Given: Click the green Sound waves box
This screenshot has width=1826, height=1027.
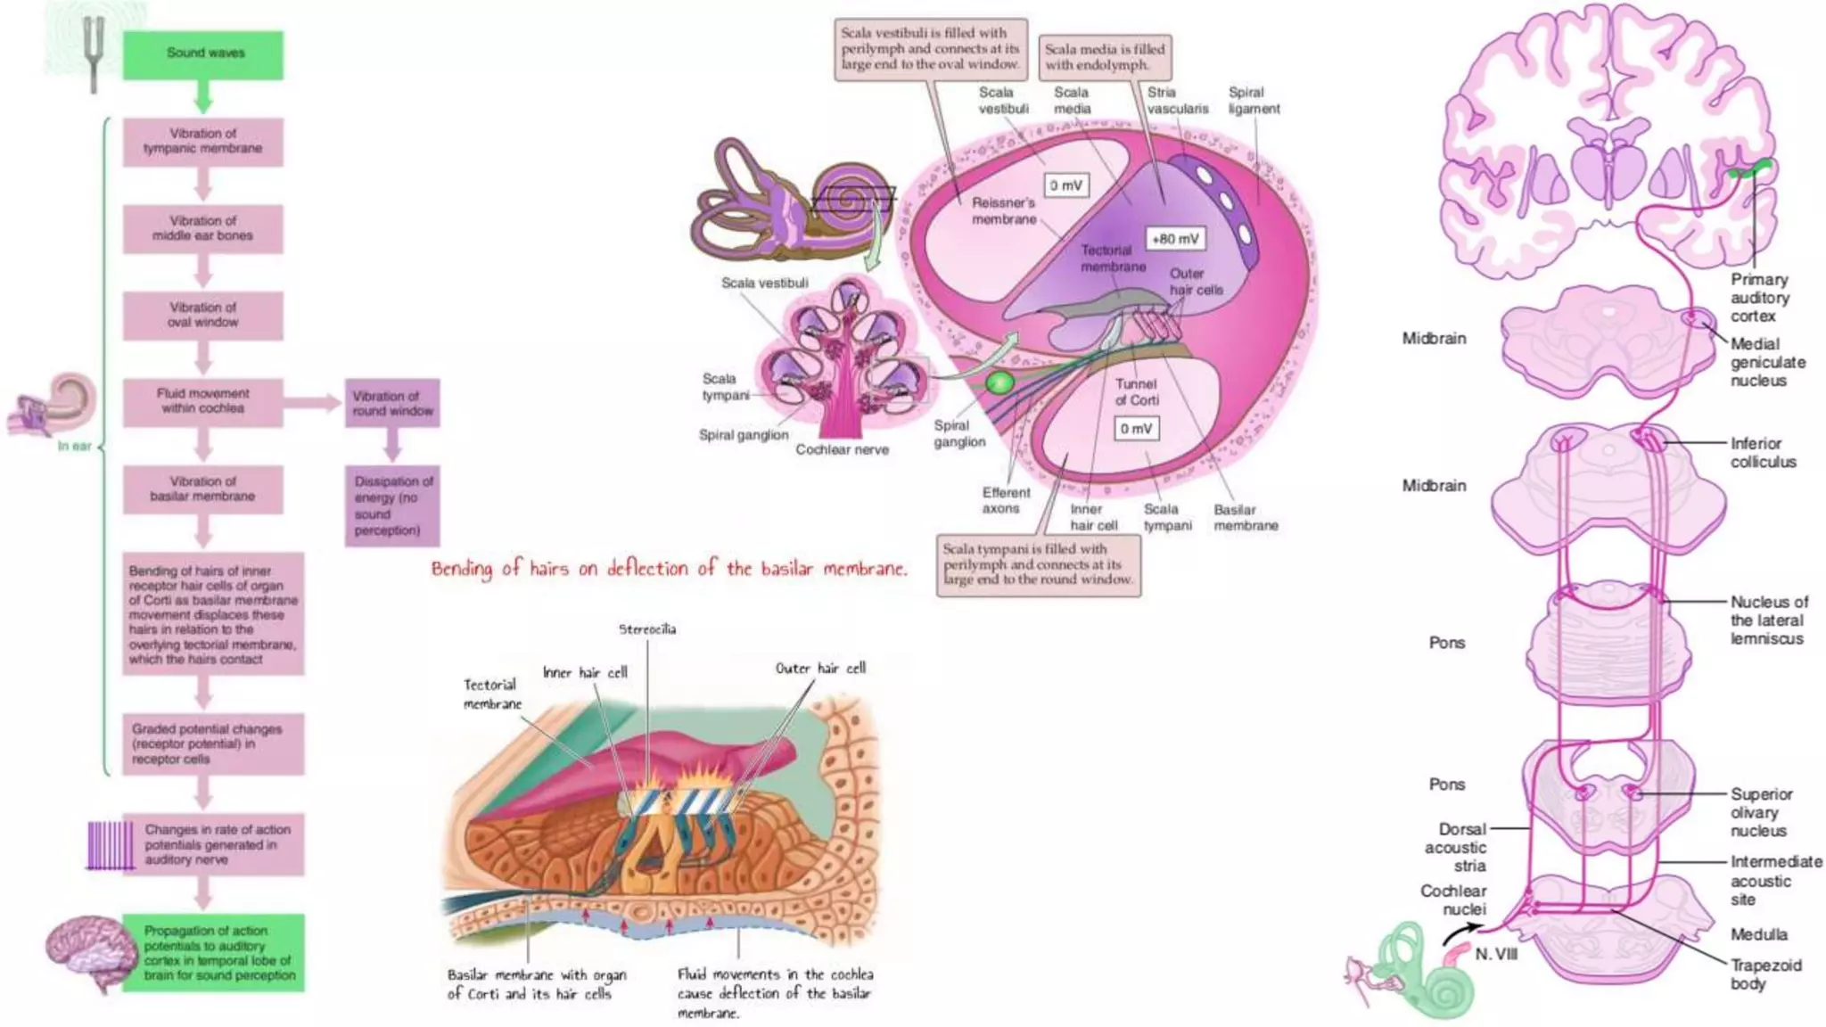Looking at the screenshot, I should point(203,54).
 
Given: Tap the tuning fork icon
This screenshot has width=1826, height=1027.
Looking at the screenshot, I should point(93,53).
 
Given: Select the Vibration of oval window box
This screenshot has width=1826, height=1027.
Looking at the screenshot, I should point(203,315).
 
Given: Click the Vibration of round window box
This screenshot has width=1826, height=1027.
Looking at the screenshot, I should point(392,403).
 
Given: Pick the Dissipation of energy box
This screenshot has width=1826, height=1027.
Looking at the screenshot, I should point(392,505).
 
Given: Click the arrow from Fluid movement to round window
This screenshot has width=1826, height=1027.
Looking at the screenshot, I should point(313,403).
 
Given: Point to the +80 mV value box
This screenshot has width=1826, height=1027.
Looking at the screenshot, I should point(1175,239).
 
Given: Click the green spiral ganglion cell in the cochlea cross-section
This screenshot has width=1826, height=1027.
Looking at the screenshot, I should point(999,383).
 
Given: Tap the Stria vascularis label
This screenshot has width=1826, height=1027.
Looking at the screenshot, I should point(1177,101).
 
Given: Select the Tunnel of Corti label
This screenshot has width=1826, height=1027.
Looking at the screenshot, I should point(1136,392).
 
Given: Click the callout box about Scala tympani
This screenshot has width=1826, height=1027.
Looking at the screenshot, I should point(1039,564).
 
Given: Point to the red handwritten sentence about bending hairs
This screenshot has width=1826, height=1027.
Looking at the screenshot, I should point(669,569).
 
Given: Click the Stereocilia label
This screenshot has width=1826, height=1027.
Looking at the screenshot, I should point(647,629).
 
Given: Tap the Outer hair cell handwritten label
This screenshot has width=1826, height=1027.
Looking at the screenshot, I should point(820,669).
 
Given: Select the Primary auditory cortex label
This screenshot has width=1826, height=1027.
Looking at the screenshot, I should point(1759,298).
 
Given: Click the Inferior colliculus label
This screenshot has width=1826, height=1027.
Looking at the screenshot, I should point(1763,453).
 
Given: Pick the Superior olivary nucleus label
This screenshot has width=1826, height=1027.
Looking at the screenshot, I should point(1761,812).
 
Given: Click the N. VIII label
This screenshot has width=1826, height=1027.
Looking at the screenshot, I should point(1495,955).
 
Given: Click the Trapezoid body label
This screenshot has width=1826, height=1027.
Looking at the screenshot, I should point(1765,974).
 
